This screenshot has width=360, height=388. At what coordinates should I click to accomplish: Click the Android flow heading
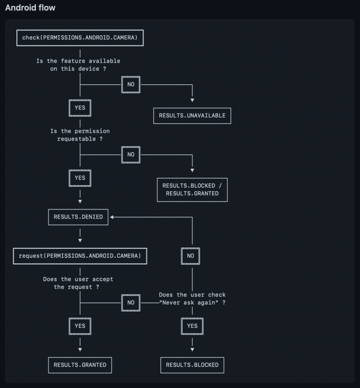30,8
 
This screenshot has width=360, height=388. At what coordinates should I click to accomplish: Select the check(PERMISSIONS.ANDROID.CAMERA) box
80,38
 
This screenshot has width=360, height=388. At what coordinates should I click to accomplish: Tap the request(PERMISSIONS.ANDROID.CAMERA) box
80,255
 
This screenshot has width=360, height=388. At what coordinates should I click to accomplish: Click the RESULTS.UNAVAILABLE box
192,115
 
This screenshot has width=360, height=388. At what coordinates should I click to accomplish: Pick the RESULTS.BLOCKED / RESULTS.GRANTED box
192,190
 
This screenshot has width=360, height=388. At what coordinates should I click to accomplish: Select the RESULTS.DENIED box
78,217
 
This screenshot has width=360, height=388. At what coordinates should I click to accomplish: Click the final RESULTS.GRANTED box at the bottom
80,365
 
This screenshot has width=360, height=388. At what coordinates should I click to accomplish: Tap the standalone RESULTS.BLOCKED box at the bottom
192,365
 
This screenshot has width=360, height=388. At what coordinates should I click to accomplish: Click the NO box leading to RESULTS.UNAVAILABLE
131,84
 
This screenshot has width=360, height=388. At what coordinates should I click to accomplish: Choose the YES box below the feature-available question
80,107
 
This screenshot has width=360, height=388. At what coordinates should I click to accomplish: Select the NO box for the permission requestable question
131,154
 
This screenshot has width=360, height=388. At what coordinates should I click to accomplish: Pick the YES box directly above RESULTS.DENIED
80,178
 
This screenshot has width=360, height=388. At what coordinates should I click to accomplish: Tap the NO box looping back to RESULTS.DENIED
191,256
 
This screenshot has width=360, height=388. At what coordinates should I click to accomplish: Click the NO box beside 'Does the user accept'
131,303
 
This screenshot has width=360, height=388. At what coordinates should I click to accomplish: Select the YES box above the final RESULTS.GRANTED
80,326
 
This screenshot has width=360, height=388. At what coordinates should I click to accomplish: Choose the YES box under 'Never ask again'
192,326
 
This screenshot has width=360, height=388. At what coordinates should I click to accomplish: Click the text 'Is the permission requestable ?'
80,135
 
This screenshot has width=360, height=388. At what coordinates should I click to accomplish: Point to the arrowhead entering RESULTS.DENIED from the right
112,217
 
